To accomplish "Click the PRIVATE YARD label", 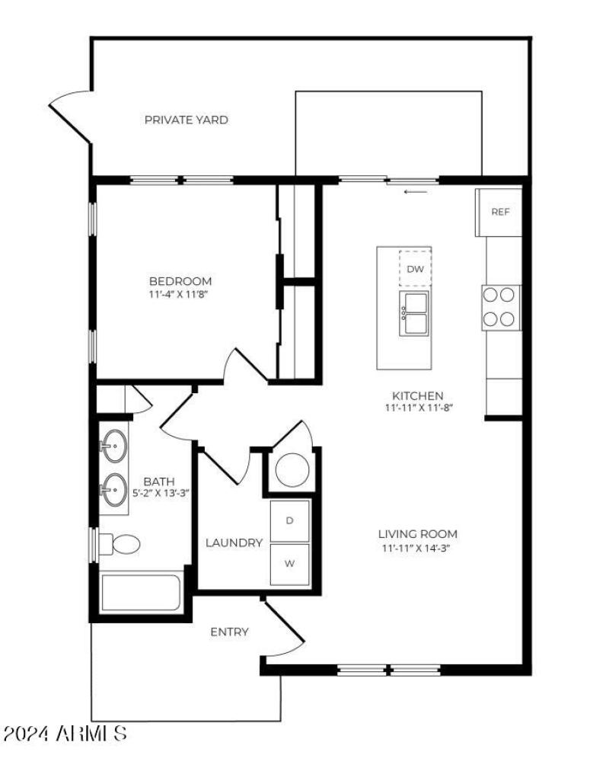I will click(186, 120).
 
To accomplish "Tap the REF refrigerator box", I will click(499, 212).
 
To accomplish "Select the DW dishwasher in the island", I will click(414, 268).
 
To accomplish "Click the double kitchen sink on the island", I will click(414, 313).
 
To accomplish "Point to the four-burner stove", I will click(501, 307).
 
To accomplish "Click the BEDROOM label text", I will click(180, 281).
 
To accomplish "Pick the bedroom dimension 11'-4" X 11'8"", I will click(180, 294).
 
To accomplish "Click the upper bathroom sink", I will click(115, 444).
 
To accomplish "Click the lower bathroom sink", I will click(115, 488).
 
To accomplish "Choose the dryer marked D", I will click(290, 520).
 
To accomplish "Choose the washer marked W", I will click(290, 565).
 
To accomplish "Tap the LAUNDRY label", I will click(234, 543).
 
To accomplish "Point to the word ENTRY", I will click(229, 632).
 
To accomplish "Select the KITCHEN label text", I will click(417, 395).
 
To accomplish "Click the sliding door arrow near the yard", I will click(416, 192).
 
